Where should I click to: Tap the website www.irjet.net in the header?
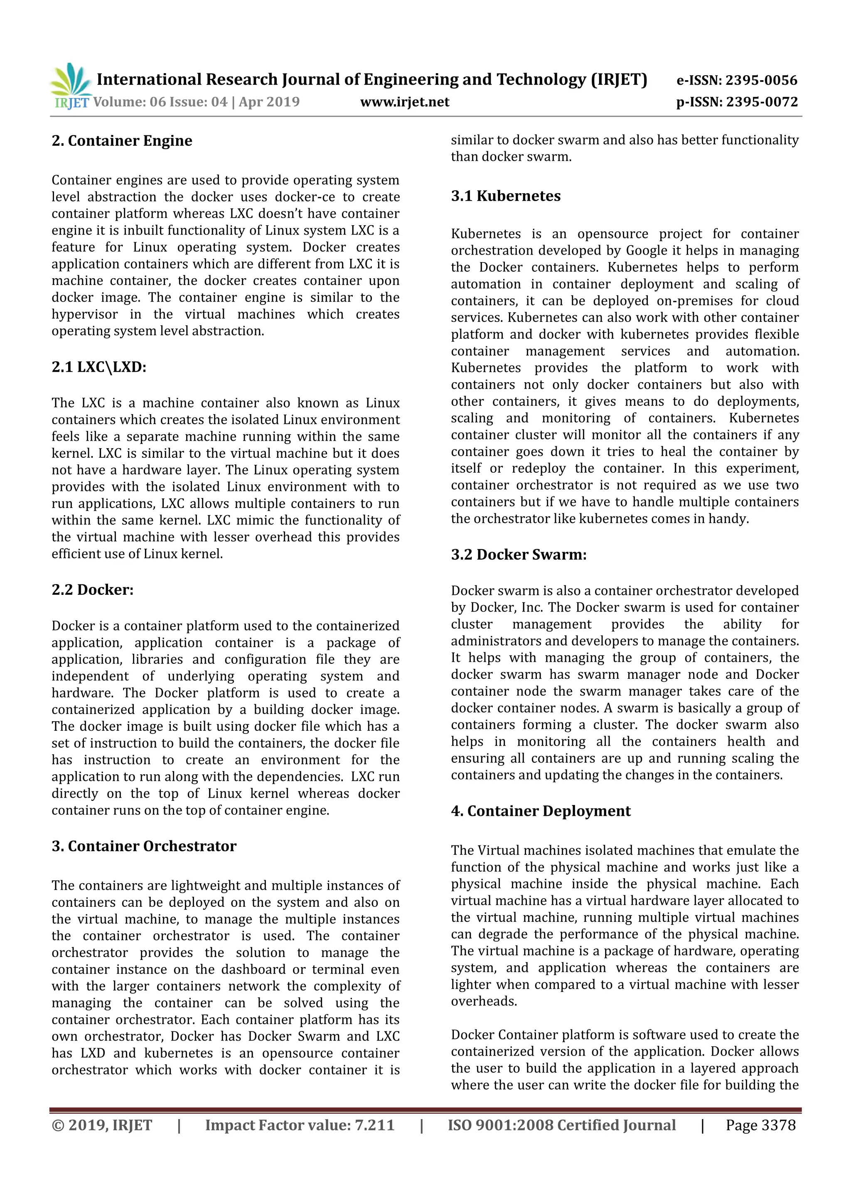click(x=405, y=102)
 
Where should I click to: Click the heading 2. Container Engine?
click(x=122, y=140)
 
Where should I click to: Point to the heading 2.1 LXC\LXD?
click(x=99, y=367)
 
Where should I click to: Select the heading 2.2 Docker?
click(x=92, y=589)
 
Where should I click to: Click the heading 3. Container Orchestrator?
click(x=144, y=846)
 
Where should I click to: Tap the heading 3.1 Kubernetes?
click(x=506, y=196)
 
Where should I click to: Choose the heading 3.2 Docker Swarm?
click(x=519, y=554)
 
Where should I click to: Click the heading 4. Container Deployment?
click(x=541, y=811)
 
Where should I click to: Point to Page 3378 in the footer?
click(x=760, y=1125)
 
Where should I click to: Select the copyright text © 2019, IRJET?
click(x=102, y=1125)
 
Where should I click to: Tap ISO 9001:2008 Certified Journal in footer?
click(x=561, y=1125)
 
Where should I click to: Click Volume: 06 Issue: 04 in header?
click(x=160, y=102)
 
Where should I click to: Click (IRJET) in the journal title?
click(x=619, y=80)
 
